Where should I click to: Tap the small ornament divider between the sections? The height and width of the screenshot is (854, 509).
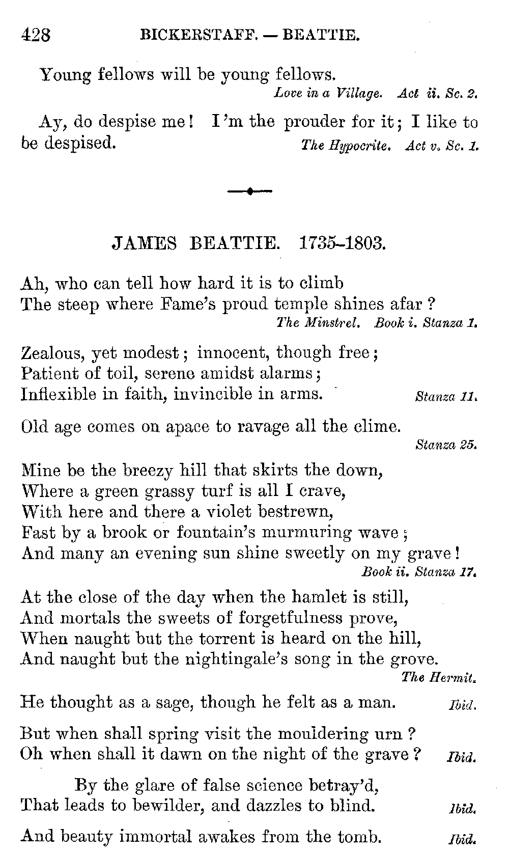pos(249,191)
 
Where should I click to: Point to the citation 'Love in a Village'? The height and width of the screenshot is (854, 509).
pos(328,93)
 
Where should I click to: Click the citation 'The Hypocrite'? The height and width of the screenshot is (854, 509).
pos(346,146)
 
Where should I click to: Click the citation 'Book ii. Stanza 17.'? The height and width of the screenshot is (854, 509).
pos(419,572)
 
